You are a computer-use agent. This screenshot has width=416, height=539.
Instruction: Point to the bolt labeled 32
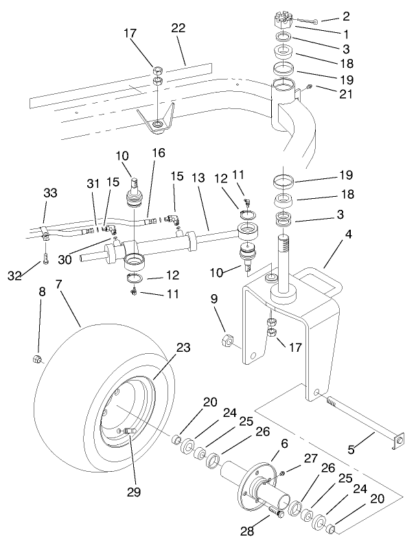(x=43, y=259)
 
